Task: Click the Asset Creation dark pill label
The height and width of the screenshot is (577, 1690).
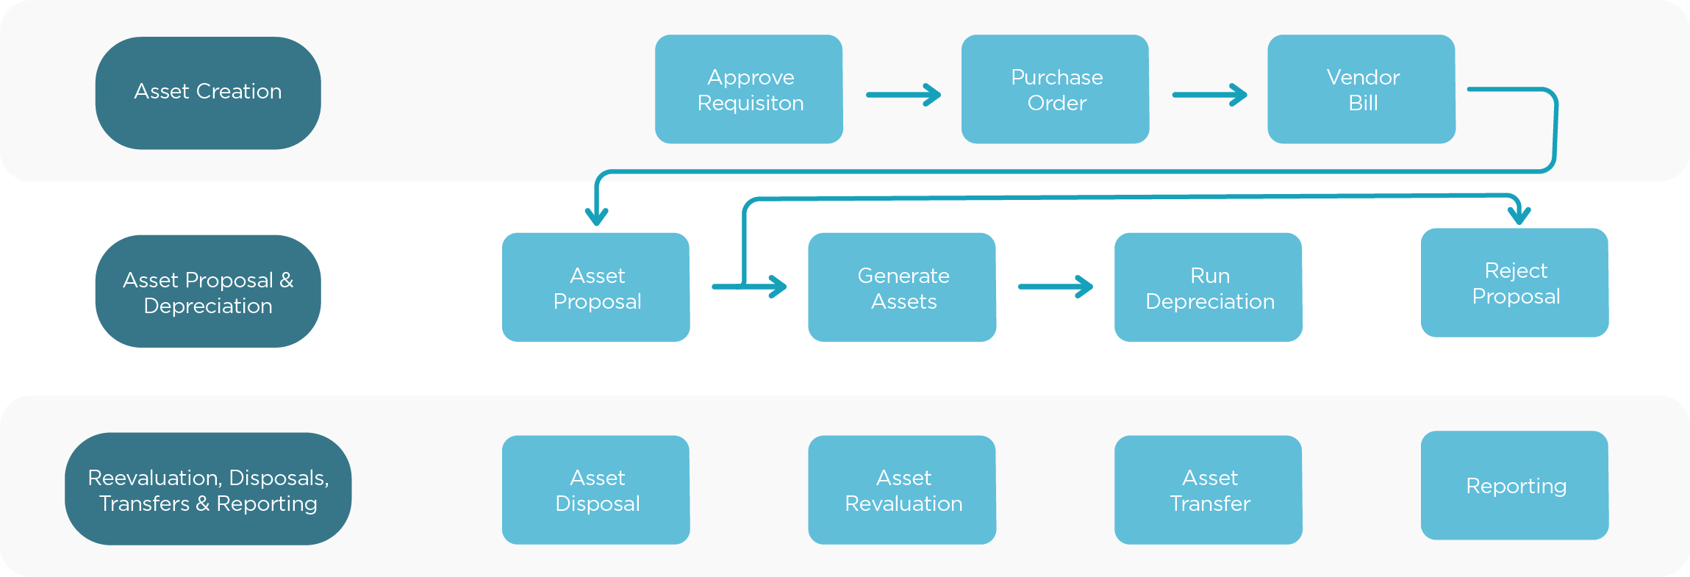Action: point(208,93)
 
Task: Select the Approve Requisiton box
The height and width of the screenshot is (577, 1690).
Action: point(749,89)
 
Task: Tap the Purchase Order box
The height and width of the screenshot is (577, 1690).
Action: point(1055,89)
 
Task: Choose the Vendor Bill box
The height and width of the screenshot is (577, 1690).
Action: point(1361,89)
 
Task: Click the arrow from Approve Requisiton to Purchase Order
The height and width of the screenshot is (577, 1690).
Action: point(903,95)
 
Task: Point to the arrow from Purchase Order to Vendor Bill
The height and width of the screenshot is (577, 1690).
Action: point(1209,95)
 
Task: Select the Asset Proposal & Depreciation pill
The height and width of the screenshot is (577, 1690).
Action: point(208,291)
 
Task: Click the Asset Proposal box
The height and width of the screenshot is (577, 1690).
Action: point(596,287)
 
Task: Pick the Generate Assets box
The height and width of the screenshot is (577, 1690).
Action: point(902,287)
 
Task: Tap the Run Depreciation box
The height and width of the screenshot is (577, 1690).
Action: point(1209,287)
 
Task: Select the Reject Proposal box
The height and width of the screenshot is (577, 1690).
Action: point(1514,282)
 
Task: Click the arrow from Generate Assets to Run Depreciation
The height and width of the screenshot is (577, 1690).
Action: point(1056,287)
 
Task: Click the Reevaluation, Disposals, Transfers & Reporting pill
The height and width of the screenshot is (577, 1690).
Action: point(208,489)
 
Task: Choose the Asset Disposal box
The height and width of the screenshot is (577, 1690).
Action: point(596,490)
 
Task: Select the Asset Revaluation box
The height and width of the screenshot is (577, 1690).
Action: point(902,490)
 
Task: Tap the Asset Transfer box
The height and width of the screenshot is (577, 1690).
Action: point(1209,490)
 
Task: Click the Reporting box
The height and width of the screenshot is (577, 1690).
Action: point(1514,485)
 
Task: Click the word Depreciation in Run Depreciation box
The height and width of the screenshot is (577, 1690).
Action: point(1210,302)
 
